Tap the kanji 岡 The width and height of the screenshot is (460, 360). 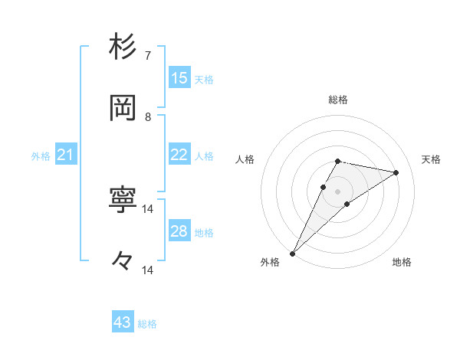click(x=123, y=108)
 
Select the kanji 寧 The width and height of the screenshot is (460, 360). click(x=123, y=200)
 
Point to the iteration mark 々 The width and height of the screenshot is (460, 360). click(x=123, y=261)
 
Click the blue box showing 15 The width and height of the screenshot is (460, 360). click(x=179, y=77)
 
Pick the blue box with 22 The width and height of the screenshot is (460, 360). click(x=179, y=155)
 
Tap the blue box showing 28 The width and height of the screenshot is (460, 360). click(x=179, y=231)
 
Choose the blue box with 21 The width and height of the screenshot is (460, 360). click(x=65, y=155)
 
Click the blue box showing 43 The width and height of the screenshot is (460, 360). click(x=123, y=322)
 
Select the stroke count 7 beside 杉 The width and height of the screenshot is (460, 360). click(x=148, y=56)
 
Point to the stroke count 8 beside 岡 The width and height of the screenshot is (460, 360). click(x=148, y=117)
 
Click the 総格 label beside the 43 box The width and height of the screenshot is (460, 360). click(x=147, y=324)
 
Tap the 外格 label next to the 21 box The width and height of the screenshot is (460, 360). click(x=41, y=156)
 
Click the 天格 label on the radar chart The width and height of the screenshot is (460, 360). click(x=431, y=159)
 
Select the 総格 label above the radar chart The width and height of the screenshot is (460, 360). click(x=337, y=100)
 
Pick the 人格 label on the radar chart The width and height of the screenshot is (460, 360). click(x=245, y=159)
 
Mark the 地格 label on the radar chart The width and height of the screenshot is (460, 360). click(x=402, y=262)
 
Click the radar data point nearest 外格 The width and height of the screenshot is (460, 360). click(x=292, y=253)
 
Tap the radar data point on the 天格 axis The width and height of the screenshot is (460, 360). click(x=396, y=172)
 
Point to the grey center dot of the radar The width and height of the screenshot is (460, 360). click(x=337, y=191)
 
